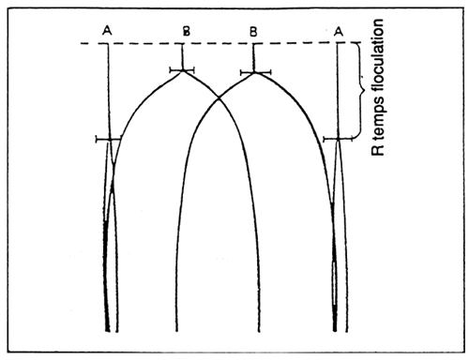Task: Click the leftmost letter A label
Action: [108, 32]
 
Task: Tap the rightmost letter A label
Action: [338, 32]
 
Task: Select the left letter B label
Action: [186, 32]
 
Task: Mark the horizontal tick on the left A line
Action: [108, 140]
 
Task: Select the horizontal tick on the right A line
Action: [337, 140]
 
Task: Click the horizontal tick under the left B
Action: [184, 69]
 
